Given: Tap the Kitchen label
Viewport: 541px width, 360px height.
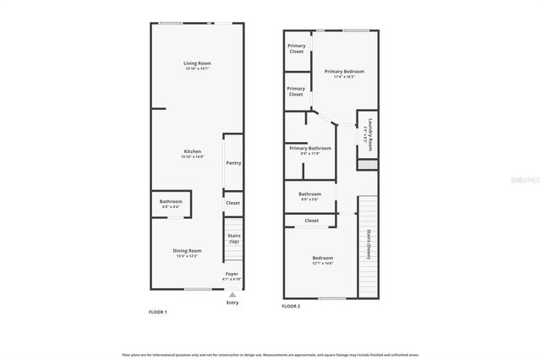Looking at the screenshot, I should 193,151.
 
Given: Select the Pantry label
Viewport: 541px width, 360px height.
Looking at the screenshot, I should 233,162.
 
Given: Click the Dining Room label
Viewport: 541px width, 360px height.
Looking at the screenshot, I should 187,251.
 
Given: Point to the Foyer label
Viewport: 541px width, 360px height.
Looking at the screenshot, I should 232,275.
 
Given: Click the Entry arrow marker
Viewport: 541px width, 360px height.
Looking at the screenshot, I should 232,293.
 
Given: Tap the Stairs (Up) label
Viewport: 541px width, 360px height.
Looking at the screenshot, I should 233,239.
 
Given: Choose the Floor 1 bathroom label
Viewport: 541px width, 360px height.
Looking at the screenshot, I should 171,201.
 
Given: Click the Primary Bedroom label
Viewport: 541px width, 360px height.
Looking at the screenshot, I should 345,72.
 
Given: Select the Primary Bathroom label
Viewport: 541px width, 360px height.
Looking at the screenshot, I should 310,149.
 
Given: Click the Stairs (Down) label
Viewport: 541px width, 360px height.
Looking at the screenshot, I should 369,246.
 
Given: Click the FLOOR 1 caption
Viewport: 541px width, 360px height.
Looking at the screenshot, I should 157,313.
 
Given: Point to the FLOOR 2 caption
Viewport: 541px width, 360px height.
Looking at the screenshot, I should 292,306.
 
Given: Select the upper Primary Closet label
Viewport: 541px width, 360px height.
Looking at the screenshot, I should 296,47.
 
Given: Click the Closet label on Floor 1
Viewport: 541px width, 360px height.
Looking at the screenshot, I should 232,203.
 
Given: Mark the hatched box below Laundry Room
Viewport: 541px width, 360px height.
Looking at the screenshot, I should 366,164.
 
